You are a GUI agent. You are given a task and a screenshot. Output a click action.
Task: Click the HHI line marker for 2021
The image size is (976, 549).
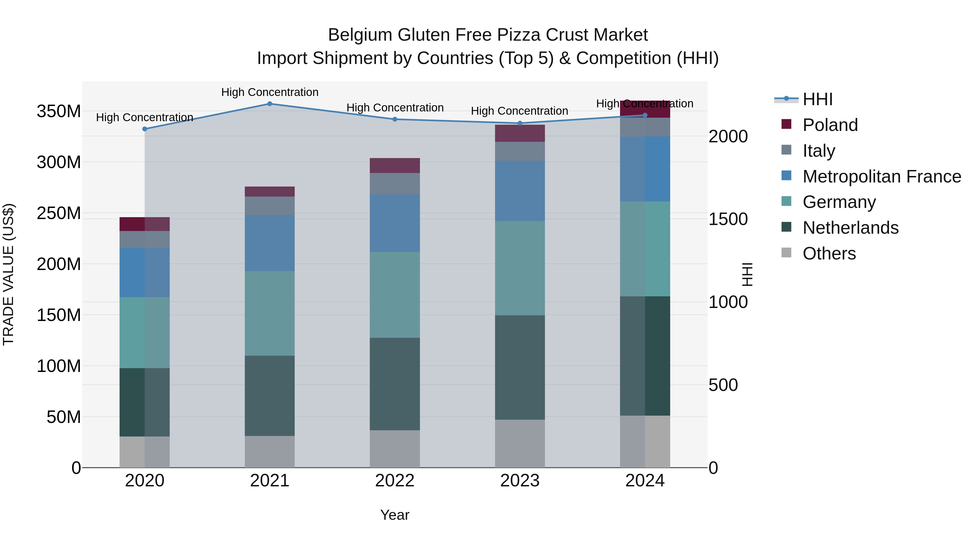click(270, 104)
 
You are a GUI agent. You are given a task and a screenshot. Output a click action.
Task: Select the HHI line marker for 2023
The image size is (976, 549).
click(520, 123)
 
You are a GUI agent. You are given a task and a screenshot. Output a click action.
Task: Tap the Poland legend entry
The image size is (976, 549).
click(830, 125)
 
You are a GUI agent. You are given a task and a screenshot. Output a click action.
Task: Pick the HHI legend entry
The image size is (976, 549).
click(817, 99)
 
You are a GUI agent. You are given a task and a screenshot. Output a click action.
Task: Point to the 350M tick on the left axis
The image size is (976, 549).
click(59, 111)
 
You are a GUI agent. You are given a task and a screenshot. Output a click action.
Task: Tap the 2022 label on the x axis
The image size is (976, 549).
click(395, 481)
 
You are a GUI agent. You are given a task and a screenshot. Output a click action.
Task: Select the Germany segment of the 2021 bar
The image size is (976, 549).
click(270, 313)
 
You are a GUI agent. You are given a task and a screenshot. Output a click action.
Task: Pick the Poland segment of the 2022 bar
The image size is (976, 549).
click(395, 166)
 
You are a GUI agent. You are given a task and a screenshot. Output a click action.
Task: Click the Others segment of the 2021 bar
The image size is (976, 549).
click(270, 452)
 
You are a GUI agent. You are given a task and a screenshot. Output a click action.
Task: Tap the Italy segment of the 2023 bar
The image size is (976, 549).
click(520, 151)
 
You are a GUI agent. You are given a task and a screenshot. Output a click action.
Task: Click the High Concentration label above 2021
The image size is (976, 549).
click(270, 92)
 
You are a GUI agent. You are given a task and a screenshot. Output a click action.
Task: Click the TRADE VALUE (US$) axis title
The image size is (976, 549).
click(8, 274)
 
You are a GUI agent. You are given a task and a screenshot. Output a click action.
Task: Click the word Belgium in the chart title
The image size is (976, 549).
click(360, 35)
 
